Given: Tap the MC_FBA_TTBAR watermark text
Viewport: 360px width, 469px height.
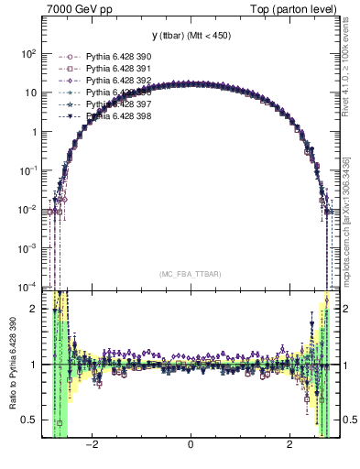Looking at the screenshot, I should pyautogui.click(x=191, y=273).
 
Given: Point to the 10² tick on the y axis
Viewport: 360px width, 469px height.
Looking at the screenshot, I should pyautogui.click(x=27, y=54).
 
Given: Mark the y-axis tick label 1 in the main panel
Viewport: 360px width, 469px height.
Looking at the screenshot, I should pyautogui.click(x=33, y=132).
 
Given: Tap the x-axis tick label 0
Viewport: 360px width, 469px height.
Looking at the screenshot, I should pyautogui.click(x=191, y=446).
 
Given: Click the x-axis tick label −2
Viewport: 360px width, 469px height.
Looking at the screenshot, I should pyautogui.click(x=91, y=446).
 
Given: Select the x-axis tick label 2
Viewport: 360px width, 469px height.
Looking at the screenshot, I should pyautogui.click(x=289, y=446).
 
